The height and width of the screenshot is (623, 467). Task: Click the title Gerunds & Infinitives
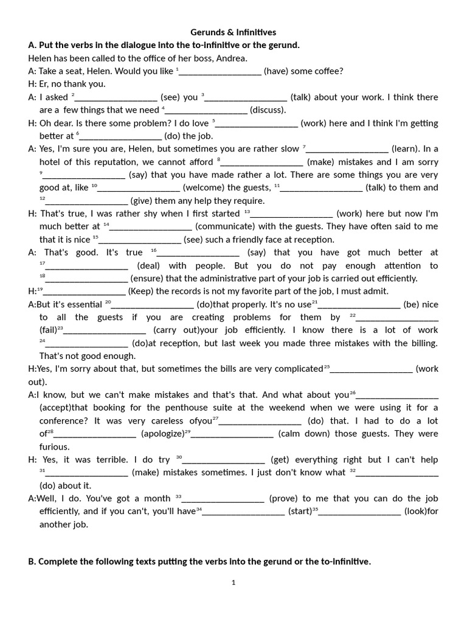[x=233, y=32]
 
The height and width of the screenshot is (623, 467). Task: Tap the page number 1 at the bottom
[x=233, y=582]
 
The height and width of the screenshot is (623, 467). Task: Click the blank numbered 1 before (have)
[x=220, y=71]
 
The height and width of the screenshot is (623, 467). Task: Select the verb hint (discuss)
[x=268, y=110]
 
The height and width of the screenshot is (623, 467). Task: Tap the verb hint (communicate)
[x=232, y=226]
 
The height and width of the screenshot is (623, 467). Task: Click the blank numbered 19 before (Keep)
[x=85, y=291]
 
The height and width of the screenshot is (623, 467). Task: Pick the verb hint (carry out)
[x=176, y=330]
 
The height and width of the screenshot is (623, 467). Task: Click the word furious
[x=55, y=447]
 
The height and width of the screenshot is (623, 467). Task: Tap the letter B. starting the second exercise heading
[x=32, y=562]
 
